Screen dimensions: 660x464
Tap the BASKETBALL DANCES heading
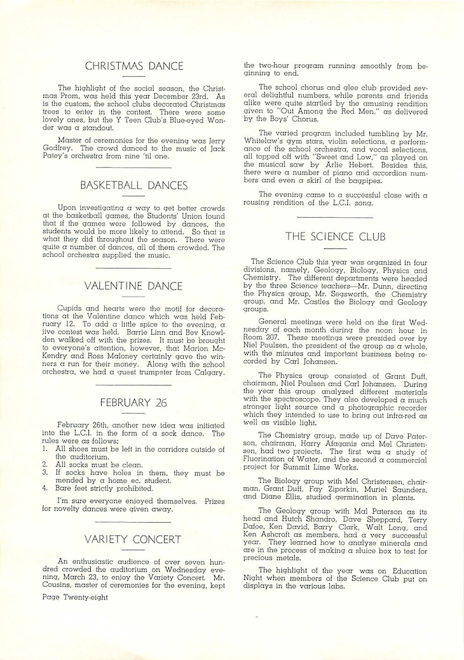click(133, 185)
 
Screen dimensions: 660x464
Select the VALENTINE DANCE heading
click(133, 286)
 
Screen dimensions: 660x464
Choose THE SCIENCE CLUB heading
click(335, 237)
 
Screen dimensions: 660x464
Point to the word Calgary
click(207, 373)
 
